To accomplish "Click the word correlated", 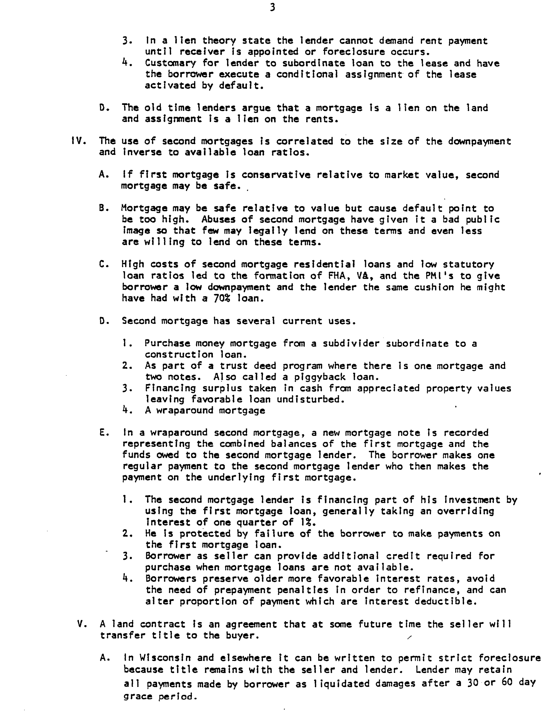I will (x=305, y=141).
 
